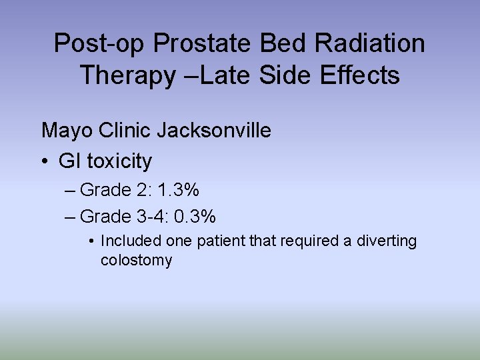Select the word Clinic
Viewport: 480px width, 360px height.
125,130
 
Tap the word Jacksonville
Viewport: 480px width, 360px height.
214,130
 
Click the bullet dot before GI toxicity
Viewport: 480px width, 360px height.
45,161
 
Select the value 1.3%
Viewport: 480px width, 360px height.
178,191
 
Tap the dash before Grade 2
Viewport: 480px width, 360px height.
71,191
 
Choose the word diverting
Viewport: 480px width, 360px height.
387,241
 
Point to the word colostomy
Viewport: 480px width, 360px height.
136,260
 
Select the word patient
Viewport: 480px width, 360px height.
222,241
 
